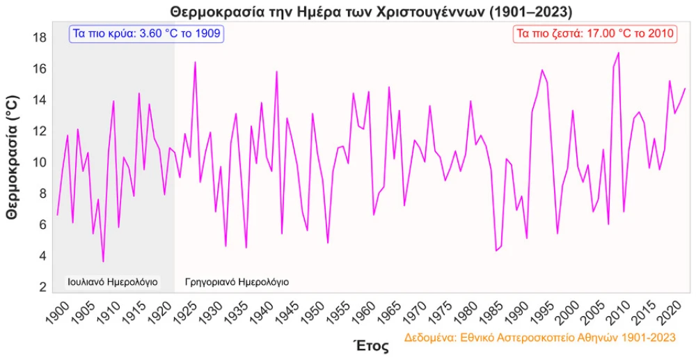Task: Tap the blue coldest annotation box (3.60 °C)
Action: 146,33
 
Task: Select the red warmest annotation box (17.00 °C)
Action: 595,34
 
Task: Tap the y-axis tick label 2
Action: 42,287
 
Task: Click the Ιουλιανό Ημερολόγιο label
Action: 112,282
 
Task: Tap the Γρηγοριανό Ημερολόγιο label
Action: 237,282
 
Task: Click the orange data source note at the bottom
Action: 539,338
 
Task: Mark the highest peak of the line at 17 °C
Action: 618,53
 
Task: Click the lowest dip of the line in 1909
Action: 103,262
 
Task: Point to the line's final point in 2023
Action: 685,88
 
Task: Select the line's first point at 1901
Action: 57,214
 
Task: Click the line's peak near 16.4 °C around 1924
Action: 195,62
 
